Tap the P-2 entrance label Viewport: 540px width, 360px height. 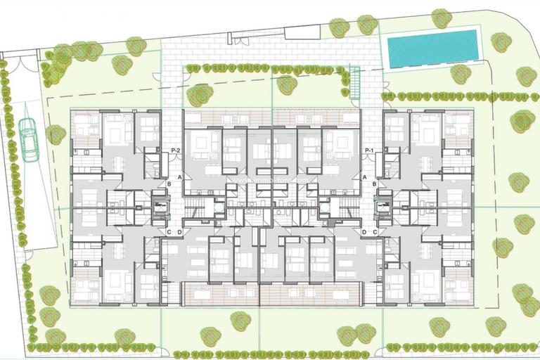[x=176, y=151]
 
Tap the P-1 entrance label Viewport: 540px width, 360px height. [x=369, y=151]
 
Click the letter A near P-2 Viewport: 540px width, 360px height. [x=181, y=177]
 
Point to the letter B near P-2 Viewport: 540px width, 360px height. [x=169, y=184]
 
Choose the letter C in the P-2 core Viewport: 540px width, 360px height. [x=169, y=232]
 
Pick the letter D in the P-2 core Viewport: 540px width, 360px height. [x=180, y=232]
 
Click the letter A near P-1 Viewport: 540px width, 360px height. [x=364, y=177]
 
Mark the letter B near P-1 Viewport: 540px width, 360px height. [x=375, y=184]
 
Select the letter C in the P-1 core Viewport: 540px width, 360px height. [x=375, y=232]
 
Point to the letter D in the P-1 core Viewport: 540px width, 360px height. [x=364, y=232]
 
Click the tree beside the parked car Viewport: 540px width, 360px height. [x=55, y=134]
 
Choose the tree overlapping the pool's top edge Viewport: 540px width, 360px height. [x=441, y=18]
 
